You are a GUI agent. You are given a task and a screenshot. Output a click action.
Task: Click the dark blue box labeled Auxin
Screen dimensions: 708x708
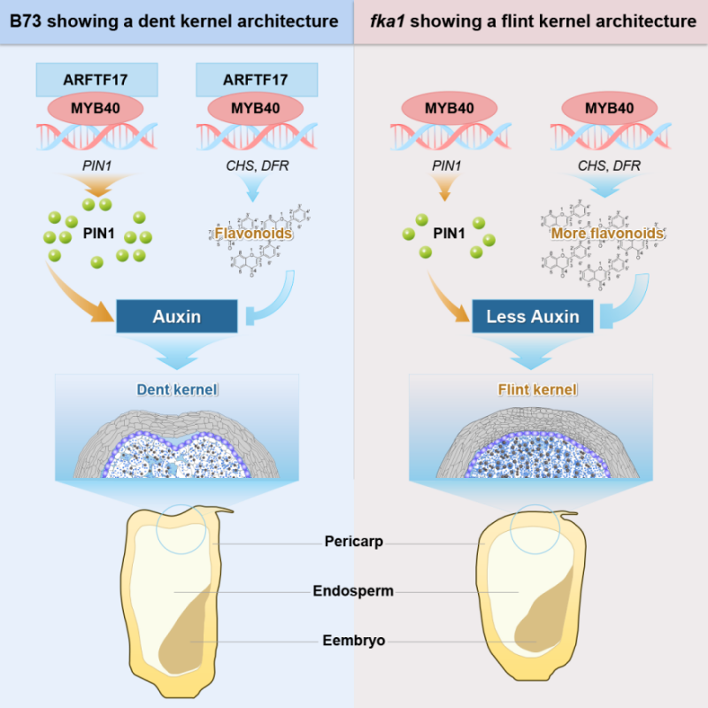(x=177, y=316)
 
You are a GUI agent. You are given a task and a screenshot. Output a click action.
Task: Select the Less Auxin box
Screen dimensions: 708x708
(x=532, y=316)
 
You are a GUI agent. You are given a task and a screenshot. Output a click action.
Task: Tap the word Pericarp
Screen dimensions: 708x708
(x=353, y=542)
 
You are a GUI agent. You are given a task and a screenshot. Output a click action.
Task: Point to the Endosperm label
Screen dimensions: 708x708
(x=353, y=590)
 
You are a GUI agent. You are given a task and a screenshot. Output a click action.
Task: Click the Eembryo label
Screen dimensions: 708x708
(x=353, y=640)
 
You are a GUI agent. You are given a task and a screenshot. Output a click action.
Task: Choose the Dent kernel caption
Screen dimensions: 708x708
(x=177, y=389)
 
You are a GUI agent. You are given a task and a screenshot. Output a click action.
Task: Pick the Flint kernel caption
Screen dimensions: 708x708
(x=532, y=389)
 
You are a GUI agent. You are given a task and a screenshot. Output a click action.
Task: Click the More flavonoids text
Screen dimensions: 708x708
(x=607, y=234)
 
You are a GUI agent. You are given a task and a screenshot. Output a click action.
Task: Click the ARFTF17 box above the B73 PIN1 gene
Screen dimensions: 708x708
(x=96, y=80)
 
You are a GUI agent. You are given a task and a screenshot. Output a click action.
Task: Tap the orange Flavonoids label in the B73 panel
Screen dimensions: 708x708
(x=253, y=234)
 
